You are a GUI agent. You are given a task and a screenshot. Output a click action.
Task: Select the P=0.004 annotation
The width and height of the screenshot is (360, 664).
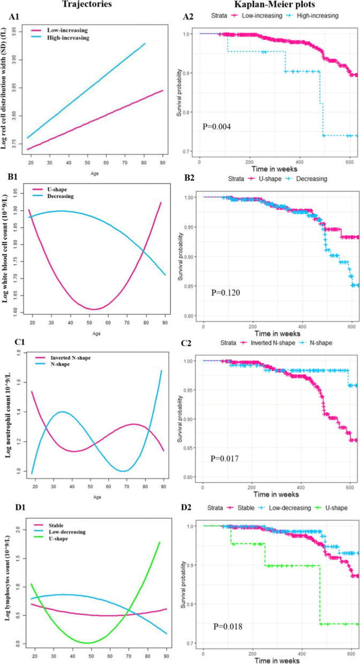219,127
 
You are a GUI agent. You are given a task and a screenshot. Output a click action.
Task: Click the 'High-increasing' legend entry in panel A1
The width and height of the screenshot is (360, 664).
58,38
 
